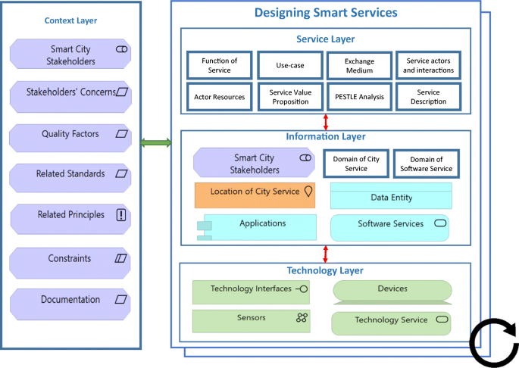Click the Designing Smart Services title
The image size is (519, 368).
click(x=326, y=13)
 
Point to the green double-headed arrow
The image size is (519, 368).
click(x=157, y=142)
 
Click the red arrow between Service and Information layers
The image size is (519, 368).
click(x=326, y=122)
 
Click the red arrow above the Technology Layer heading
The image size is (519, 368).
click(x=326, y=253)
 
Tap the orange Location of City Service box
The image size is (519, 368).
click(x=255, y=194)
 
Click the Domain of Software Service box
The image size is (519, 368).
click(x=426, y=164)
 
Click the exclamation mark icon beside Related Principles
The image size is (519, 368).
click(x=121, y=216)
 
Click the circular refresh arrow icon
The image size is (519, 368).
click(x=493, y=342)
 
